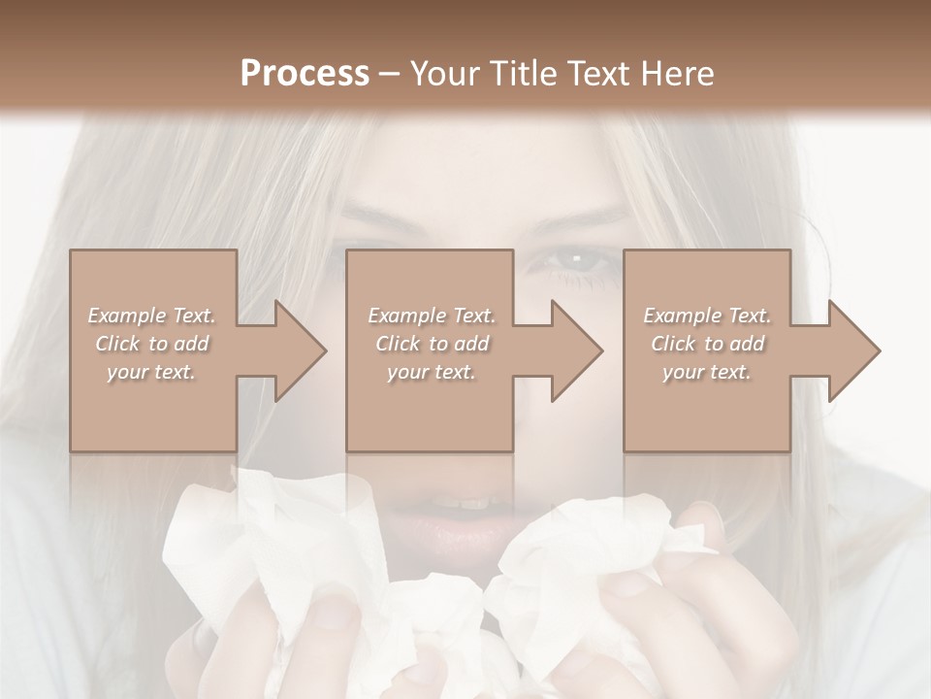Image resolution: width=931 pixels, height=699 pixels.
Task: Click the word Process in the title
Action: click(x=305, y=73)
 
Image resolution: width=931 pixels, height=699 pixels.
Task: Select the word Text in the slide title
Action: click(x=595, y=73)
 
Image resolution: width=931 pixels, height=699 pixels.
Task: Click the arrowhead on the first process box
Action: click(x=300, y=350)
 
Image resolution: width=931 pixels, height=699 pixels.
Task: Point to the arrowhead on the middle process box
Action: click(x=576, y=350)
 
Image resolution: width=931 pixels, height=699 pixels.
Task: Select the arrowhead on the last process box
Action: click(x=853, y=350)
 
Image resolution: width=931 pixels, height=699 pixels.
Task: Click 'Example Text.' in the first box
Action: click(x=152, y=316)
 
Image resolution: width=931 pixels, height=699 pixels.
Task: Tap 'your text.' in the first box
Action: click(x=152, y=372)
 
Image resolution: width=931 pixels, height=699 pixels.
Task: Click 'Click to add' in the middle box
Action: click(x=432, y=344)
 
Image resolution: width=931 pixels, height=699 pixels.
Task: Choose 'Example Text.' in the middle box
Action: click(x=432, y=316)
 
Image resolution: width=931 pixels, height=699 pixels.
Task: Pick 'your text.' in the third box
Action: click(x=707, y=372)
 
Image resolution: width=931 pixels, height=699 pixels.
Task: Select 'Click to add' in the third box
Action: click(x=707, y=344)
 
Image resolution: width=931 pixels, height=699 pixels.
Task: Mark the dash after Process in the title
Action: click(x=390, y=74)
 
